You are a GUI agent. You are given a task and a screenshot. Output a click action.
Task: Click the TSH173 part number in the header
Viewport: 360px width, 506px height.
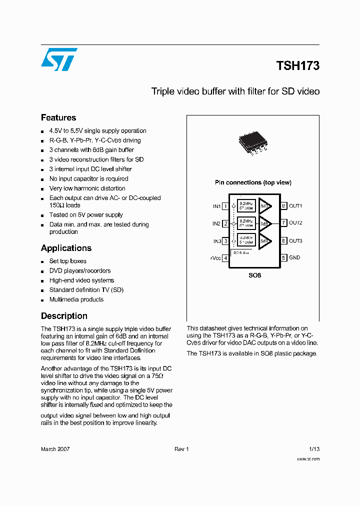coord(297,65)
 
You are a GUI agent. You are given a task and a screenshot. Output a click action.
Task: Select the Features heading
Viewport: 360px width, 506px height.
coord(58,117)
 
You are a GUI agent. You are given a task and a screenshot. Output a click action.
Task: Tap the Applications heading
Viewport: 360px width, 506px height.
coord(66,248)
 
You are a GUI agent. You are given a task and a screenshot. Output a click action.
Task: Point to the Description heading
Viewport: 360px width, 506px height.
coord(64,316)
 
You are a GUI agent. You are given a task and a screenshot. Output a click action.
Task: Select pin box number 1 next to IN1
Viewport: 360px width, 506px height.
coord(225,206)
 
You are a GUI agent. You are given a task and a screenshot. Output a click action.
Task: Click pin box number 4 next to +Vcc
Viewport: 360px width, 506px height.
coord(225,258)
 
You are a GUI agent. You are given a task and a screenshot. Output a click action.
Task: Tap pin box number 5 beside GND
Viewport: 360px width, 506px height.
coord(283,258)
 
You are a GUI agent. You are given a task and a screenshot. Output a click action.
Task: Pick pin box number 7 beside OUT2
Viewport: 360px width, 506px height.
coord(283,223)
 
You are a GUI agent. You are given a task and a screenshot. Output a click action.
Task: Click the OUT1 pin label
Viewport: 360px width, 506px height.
coord(295,206)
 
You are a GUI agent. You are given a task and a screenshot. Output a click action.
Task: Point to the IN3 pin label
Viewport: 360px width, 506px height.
coord(217,241)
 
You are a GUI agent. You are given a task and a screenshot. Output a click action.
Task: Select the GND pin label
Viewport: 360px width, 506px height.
coord(294,258)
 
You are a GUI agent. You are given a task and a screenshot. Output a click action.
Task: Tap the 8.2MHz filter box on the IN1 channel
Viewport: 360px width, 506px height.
coord(246,205)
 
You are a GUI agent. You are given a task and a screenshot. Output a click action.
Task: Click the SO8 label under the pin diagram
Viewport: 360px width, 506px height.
coord(254,275)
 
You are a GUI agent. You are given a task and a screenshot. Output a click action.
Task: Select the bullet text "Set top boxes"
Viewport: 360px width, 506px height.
coord(67,261)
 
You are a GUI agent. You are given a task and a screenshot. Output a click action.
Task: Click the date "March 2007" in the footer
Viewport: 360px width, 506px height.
coord(55,449)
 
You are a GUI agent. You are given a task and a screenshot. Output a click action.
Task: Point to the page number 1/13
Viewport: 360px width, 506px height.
coord(314,449)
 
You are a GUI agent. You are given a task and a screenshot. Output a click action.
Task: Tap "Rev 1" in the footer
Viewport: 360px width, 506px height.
coord(181,449)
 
